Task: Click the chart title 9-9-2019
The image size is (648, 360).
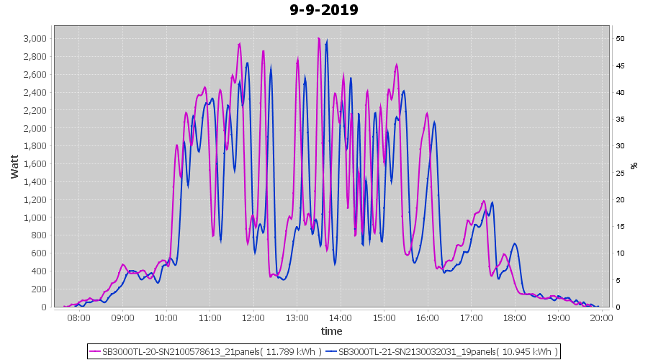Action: click(x=324, y=10)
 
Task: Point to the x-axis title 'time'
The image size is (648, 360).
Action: click(x=331, y=331)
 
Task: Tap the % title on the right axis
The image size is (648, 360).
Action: click(x=634, y=166)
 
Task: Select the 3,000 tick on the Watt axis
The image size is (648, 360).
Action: click(x=35, y=38)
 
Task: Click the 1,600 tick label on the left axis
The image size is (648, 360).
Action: click(x=35, y=163)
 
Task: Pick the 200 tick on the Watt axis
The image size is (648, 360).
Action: click(x=40, y=289)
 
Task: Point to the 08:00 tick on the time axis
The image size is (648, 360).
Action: click(x=78, y=318)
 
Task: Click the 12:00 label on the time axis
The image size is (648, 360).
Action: click(x=253, y=318)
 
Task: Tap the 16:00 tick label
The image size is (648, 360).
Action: click(x=427, y=318)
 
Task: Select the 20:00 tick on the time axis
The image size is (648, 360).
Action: click(x=601, y=318)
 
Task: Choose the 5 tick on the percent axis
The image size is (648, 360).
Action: click(x=618, y=280)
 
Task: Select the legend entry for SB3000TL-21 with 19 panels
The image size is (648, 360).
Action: click(x=441, y=351)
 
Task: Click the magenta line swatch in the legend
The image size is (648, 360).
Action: click(x=95, y=351)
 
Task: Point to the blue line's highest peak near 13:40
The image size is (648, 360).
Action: click(x=327, y=44)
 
